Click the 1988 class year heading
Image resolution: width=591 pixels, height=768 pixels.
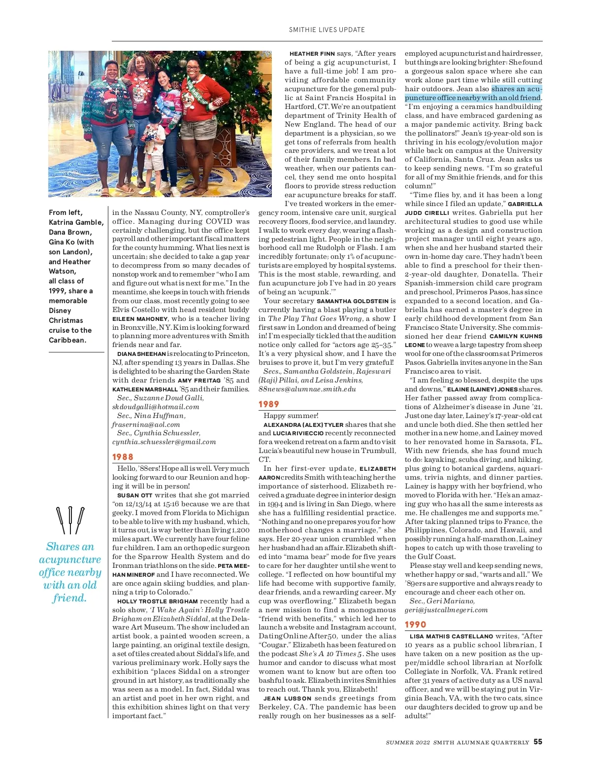(x=123, y=457)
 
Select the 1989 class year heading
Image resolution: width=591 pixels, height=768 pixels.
(x=269, y=404)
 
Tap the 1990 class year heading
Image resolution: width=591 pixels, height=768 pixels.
(x=415, y=625)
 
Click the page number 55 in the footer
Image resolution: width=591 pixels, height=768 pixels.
(x=538, y=742)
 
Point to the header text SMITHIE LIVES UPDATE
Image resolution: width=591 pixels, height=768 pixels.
(x=327, y=30)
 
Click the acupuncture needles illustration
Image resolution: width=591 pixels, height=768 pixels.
(x=70, y=521)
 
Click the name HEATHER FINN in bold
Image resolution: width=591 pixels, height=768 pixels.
(x=312, y=54)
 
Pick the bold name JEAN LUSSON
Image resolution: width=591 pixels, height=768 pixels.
(x=288, y=698)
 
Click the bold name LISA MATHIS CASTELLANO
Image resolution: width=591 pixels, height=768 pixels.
(x=451, y=636)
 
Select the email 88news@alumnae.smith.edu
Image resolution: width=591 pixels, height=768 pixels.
(x=307, y=389)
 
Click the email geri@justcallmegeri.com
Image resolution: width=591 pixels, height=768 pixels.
(x=446, y=610)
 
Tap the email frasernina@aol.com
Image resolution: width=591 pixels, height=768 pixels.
(x=146, y=424)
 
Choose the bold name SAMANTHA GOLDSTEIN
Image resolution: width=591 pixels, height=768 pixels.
(x=353, y=301)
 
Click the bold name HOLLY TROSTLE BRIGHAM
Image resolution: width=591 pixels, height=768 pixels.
(x=157, y=601)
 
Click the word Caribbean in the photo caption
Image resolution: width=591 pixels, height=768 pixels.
(x=67, y=340)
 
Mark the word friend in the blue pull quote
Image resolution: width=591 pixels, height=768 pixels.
(x=69, y=598)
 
